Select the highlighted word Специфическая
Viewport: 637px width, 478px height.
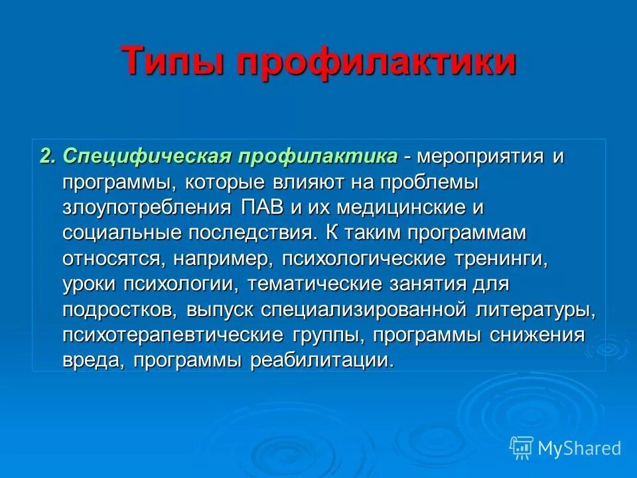click(x=147, y=157)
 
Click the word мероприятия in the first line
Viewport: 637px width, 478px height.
click(x=480, y=157)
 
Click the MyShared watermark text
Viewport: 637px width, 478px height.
click(x=579, y=448)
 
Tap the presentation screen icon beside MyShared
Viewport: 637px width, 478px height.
click(x=522, y=448)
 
